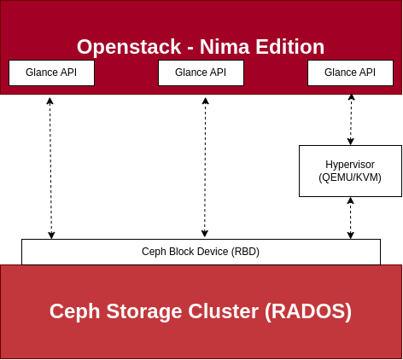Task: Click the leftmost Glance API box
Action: click(x=51, y=73)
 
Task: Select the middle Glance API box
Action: click(x=201, y=73)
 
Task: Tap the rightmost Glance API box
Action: click(x=350, y=73)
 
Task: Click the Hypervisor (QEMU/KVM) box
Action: click(x=350, y=171)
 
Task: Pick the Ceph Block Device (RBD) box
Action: click(x=201, y=252)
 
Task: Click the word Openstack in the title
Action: click(x=129, y=47)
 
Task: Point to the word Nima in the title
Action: click(x=225, y=47)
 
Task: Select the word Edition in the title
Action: click(x=290, y=47)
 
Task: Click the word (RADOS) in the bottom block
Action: click(x=308, y=311)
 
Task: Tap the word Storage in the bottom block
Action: click(x=144, y=312)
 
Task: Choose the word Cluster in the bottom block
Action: click(x=223, y=311)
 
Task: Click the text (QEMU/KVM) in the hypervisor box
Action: click(x=350, y=177)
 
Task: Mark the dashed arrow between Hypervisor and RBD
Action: click(x=351, y=218)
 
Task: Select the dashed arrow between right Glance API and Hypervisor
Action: click(x=351, y=119)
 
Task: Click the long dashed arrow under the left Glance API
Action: click(x=50, y=168)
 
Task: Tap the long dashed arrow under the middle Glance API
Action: click(x=205, y=167)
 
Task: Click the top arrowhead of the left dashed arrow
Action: click(x=50, y=101)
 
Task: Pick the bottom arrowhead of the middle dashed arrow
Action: click(x=205, y=234)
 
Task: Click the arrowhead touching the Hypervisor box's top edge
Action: click(x=351, y=142)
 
